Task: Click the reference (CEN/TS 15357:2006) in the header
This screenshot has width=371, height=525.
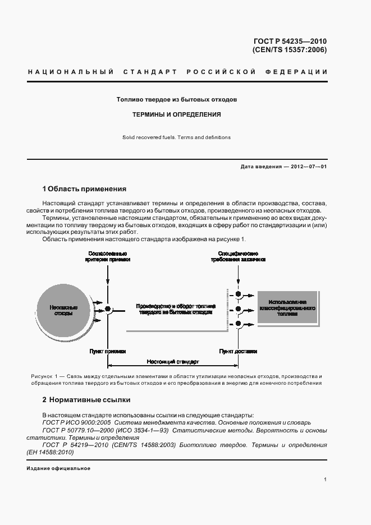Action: pos(290,50)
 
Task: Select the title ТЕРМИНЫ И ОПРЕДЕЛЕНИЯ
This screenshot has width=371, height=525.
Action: pos(176,114)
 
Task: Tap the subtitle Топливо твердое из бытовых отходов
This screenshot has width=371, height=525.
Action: pos(176,99)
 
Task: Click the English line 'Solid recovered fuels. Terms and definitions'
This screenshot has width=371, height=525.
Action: pos(176,137)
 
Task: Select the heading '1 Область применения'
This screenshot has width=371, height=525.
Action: pos(84,189)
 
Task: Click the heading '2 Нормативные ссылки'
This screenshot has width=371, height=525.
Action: pos(86,400)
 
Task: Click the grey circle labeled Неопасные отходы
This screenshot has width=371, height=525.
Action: pos(63,311)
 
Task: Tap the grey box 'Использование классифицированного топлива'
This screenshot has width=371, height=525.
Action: pos(287,308)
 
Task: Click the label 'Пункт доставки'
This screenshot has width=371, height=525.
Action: pos(238,351)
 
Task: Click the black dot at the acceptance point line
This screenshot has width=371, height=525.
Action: pos(108,308)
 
